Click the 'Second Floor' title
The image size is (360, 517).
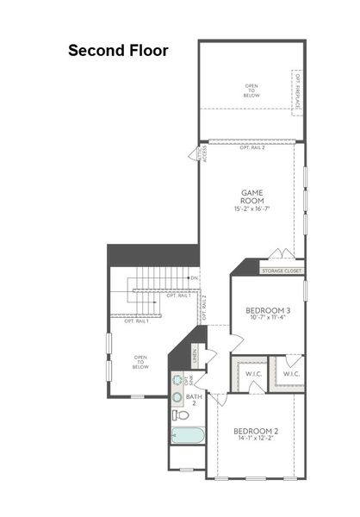point(118,51)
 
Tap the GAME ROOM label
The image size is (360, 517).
point(251,197)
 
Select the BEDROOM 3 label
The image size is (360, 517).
point(268,310)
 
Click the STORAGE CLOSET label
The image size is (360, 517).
point(282,271)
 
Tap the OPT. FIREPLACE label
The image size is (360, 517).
point(298,93)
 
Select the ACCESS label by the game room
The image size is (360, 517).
point(204,155)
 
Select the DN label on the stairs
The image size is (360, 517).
point(195,278)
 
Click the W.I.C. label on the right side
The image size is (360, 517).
point(290,373)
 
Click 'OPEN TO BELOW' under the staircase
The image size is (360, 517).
point(140,361)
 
